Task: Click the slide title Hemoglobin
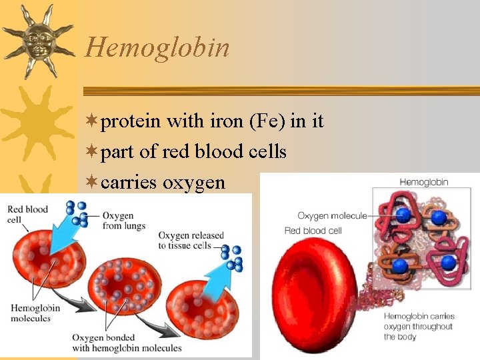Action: [x=157, y=48]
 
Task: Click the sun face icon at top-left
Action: [x=37, y=39]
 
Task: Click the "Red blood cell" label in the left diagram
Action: [x=27, y=214]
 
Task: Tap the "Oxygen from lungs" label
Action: [x=118, y=221]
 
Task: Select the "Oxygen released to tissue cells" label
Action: [x=191, y=240]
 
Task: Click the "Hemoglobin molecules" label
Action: [x=35, y=313]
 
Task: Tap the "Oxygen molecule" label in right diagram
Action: [x=331, y=215]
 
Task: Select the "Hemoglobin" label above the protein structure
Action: [x=423, y=181]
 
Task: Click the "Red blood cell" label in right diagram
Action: [x=313, y=231]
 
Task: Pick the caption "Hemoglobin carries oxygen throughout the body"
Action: [x=419, y=327]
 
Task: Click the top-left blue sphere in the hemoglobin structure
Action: [x=402, y=215]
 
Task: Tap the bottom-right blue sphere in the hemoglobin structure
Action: [x=447, y=261]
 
